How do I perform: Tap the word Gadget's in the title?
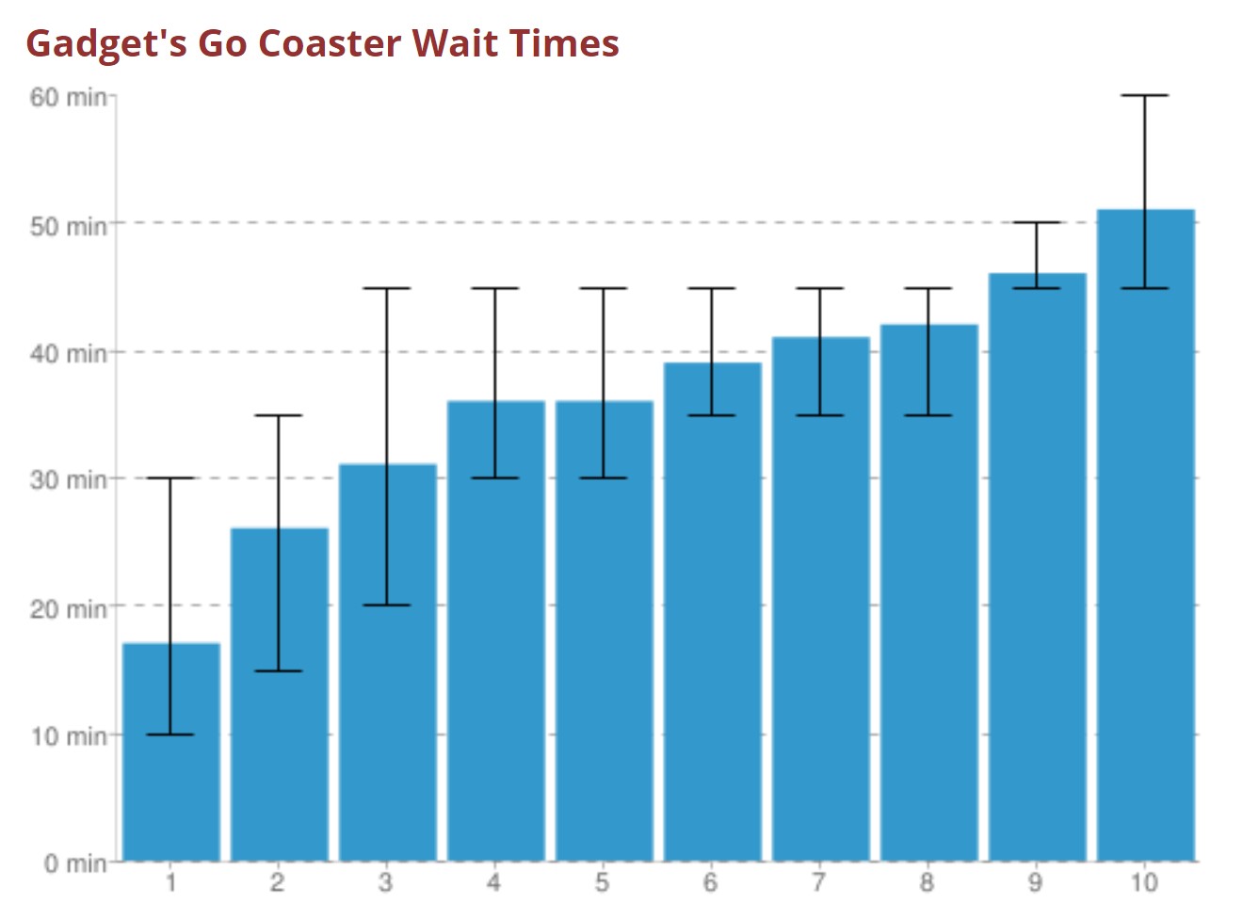[105, 43]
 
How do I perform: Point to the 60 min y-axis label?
[68, 97]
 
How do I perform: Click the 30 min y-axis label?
[68, 480]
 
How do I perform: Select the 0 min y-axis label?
[75, 863]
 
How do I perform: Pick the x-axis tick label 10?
[1144, 883]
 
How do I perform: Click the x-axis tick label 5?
[603, 883]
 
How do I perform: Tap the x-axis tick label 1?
[170, 883]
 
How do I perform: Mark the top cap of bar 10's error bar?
[1145, 95]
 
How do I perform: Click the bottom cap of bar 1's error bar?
[170, 734]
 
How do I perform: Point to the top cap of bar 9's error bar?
[1037, 222]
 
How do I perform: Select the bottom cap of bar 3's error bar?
[387, 604]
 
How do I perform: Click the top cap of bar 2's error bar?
[279, 415]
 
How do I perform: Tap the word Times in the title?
[564, 43]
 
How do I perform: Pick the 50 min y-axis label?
[68, 226]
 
